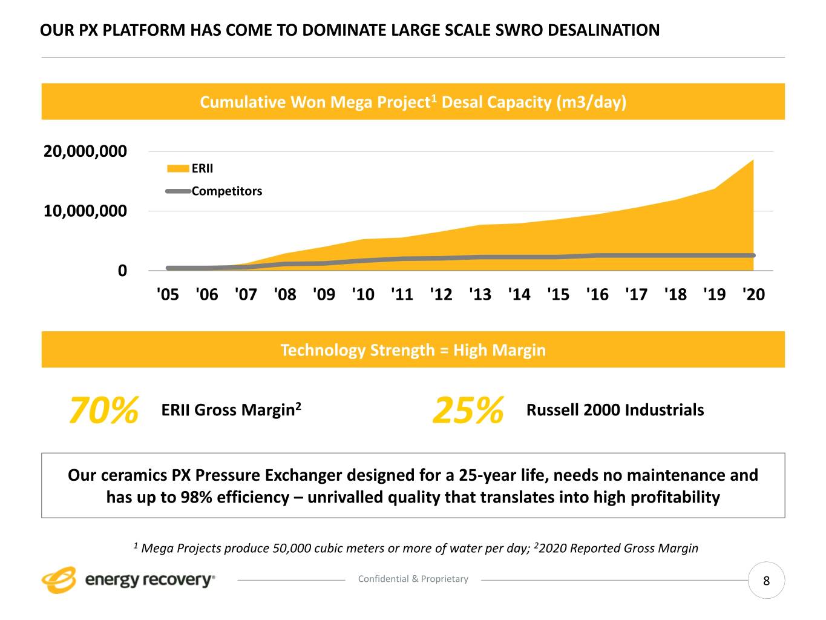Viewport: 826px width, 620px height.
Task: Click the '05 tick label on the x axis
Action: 168,294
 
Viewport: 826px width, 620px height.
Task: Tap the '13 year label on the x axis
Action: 480,294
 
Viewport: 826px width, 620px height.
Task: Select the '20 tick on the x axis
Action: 753,294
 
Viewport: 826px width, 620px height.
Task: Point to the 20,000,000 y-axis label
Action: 85,151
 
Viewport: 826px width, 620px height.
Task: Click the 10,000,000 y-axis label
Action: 85,211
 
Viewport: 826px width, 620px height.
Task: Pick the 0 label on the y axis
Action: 123,271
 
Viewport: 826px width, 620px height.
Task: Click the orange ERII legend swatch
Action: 178,168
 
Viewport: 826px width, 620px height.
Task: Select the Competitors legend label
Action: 227,191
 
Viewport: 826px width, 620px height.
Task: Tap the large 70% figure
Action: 104,411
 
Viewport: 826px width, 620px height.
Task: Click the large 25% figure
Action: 468,411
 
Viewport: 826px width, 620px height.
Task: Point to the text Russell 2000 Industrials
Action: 615,410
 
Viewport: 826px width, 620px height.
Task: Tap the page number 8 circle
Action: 766,581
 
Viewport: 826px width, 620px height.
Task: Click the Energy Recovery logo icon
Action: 59,580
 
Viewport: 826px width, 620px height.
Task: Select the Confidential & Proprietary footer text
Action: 413,579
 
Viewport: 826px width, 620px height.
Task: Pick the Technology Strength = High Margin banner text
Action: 413,350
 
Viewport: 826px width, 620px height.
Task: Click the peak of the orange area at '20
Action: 753,160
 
